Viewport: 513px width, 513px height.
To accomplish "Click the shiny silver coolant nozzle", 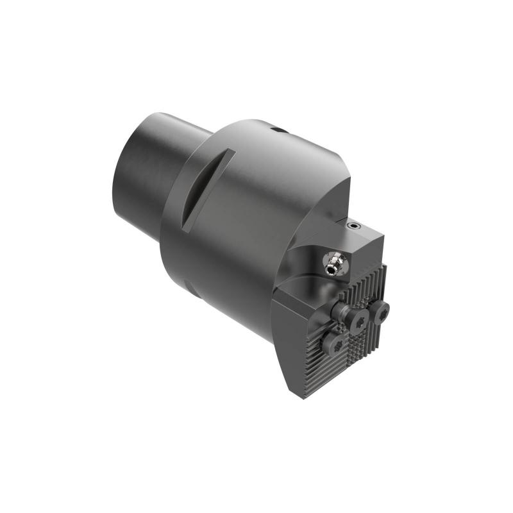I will tap(332, 262).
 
